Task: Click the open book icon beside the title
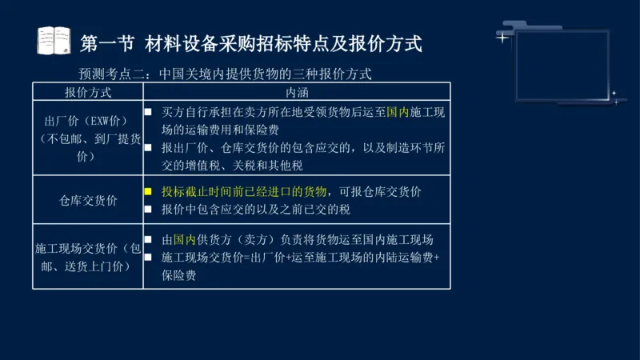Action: click(x=54, y=41)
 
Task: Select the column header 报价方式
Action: click(x=88, y=92)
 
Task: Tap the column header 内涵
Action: click(x=297, y=92)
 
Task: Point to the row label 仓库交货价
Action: click(x=88, y=201)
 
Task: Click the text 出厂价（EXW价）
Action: click(x=88, y=121)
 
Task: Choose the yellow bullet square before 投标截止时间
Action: click(x=148, y=192)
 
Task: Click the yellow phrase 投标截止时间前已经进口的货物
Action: click(x=244, y=192)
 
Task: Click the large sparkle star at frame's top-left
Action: click(x=503, y=37)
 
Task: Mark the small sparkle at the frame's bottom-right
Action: click(x=614, y=94)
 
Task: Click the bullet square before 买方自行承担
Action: click(x=148, y=112)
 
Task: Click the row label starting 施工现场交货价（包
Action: click(x=88, y=249)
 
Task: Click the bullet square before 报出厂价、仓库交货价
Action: click(x=148, y=147)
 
